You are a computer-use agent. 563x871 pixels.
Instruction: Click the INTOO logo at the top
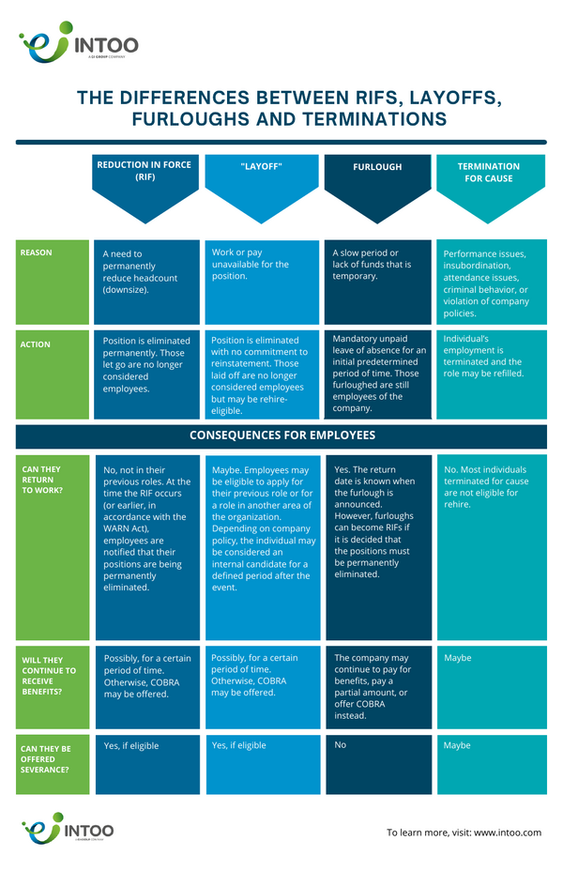78,41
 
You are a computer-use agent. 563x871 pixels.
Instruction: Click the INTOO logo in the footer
68,828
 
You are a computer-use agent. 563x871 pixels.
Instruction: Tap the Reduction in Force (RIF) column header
145,171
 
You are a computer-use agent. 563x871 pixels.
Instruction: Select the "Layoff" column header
262,167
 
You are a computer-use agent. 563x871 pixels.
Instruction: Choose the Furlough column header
377,167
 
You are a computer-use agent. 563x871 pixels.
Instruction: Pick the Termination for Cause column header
489,172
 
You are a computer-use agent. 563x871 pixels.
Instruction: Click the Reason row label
36,252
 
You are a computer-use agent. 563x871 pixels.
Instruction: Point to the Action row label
35,344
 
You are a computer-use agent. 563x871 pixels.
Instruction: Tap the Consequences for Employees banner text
282,435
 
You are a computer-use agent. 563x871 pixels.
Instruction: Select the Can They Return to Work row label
41,480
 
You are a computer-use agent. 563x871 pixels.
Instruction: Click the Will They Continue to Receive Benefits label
49,676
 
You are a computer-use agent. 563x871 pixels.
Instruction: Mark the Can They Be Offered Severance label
46,758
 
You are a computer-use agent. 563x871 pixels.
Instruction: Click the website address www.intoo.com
508,833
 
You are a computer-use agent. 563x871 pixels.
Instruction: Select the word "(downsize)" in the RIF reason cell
126,290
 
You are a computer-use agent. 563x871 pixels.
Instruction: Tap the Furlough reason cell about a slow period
377,282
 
